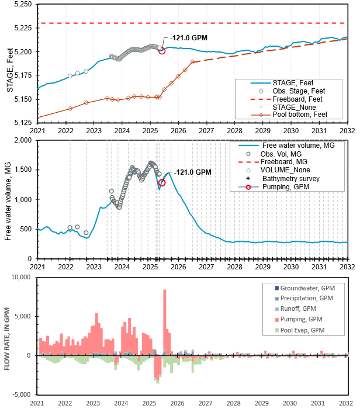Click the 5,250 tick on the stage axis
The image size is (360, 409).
pyautogui.click(x=22, y=4)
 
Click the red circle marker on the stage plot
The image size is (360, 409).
pyautogui.click(x=162, y=51)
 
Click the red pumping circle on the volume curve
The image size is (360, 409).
pyautogui.click(x=162, y=183)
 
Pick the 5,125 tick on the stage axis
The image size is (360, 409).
pyautogui.click(x=22, y=122)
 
